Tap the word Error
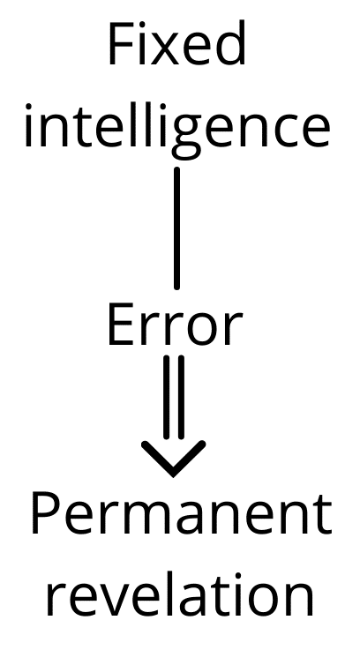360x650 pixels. click(x=175, y=324)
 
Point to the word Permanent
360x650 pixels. click(x=181, y=515)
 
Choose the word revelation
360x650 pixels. click(x=179, y=594)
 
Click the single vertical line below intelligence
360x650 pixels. click(x=177, y=228)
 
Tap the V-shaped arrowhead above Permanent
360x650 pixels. click(x=173, y=459)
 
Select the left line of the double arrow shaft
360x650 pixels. click(x=167, y=397)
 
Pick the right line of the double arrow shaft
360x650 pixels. click(x=181, y=397)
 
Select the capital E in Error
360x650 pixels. click(x=121, y=325)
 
